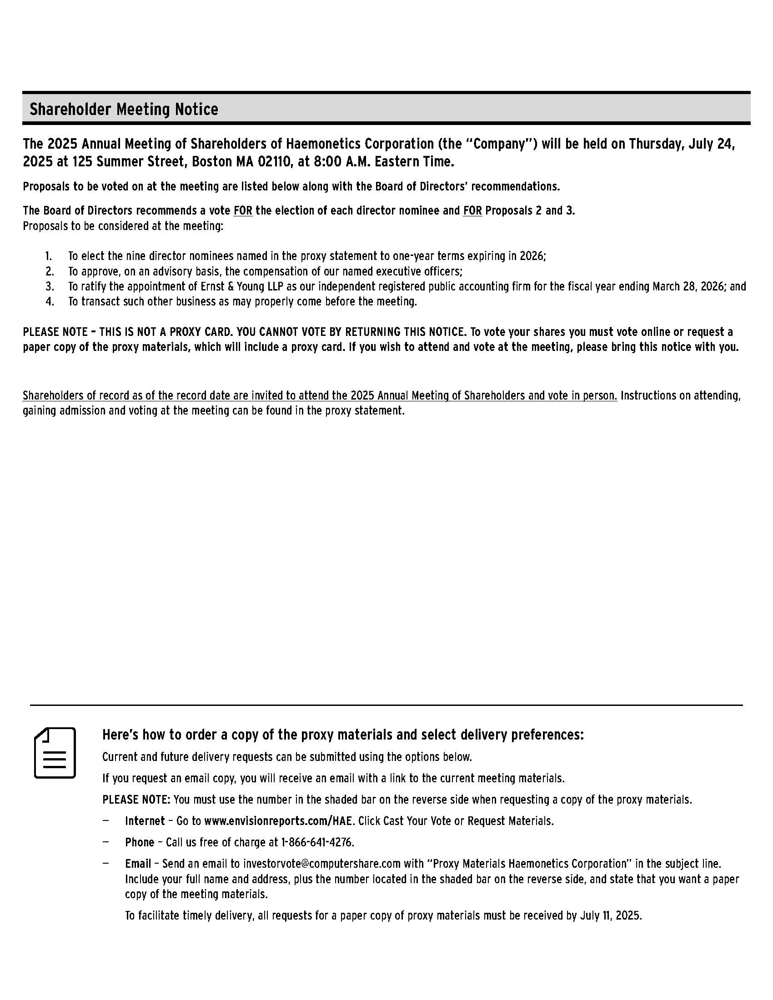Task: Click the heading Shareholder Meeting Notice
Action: click(124, 110)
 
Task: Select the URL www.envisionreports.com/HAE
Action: click(279, 821)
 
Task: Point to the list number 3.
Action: click(50, 287)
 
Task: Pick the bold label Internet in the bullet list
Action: click(145, 821)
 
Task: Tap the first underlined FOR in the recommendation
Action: click(243, 210)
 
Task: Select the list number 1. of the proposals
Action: click(49, 256)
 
